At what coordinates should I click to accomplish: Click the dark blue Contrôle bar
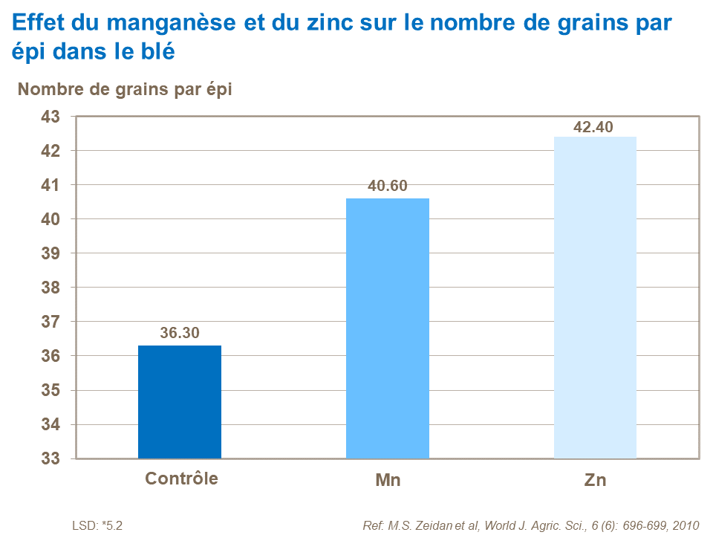[180, 402]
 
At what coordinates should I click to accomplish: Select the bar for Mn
[388, 328]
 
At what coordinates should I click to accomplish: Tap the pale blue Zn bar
[595, 297]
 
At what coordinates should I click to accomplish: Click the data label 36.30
[180, 334]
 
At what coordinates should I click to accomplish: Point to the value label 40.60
[388, 187]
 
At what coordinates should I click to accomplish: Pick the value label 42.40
[593, 127]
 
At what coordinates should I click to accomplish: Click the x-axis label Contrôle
[181, 479]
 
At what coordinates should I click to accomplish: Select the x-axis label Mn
[388, 480]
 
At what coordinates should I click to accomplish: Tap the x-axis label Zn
[595, 480]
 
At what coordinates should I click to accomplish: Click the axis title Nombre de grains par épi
[125, 89]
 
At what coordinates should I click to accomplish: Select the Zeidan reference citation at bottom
[531, 525]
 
